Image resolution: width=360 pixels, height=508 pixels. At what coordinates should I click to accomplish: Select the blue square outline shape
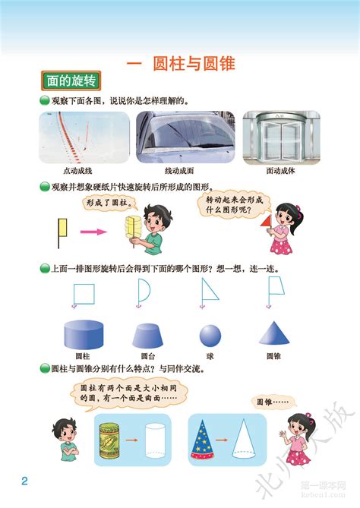82,291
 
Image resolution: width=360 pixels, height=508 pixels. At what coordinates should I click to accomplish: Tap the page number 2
24,481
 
